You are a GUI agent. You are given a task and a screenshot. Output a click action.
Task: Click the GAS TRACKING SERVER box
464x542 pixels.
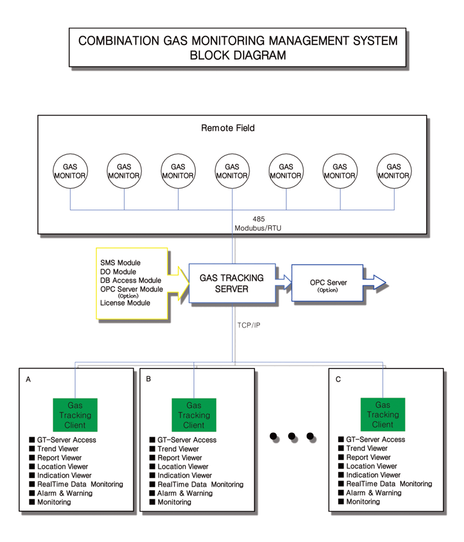[232, 284]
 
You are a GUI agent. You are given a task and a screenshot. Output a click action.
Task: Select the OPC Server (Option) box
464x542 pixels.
[327, 283]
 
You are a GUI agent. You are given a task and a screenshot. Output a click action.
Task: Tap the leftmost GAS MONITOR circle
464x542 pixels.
[70, 171]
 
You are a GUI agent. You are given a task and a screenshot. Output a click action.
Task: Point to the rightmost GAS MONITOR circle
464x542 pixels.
[394, 171]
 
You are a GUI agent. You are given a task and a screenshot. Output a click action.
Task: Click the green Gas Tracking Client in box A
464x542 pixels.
[75, 415]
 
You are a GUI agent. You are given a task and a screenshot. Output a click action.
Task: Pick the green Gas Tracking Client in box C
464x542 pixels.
[383, 414]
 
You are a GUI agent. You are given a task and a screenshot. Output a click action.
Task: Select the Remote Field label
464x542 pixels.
[228, 128]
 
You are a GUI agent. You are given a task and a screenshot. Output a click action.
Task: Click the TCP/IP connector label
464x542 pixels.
[249, 325]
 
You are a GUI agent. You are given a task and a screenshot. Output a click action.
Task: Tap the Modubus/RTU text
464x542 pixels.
[258, 228]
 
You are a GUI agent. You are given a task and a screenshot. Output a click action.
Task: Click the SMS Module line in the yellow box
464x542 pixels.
[121, 263]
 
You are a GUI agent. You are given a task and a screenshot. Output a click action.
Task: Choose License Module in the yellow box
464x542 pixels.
[125, 303]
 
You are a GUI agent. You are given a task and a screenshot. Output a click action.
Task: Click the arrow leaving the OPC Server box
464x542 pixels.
[374, 282]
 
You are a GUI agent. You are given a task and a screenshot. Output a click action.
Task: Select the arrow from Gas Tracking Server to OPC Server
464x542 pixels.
[284, 282]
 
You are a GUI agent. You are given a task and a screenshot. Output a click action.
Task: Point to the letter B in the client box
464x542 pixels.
[148, 379]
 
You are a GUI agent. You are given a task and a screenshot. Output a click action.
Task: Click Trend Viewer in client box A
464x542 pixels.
[58, 449]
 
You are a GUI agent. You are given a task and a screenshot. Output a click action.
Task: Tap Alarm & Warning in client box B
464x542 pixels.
[185, 493]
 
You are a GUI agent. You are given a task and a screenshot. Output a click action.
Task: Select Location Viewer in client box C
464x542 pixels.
[372, 466]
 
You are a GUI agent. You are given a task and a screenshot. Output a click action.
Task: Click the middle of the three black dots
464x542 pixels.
[292, 436]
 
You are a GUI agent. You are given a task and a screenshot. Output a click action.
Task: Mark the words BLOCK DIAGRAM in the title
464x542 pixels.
[238, 55]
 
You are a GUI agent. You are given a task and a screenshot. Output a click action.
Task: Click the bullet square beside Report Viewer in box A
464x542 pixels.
[32, 457]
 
